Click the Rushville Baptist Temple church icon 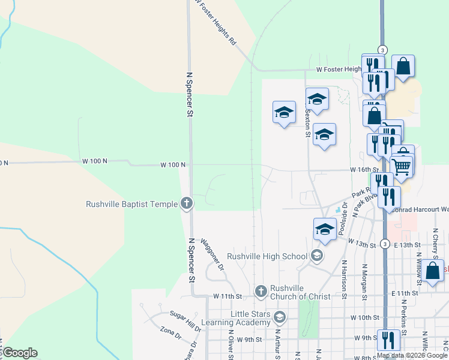pos(186,203)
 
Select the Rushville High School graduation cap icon pos(317,256)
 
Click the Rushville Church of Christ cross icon pos(261,292)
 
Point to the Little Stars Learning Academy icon pos(279,316)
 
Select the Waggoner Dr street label pos(212,254)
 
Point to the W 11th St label pos(228,296)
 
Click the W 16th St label pos(364,170)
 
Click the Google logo pos(19,353)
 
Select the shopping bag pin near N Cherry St pos(432,270)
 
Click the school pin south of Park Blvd pos(325,229)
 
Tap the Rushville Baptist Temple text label pos(131,204)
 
